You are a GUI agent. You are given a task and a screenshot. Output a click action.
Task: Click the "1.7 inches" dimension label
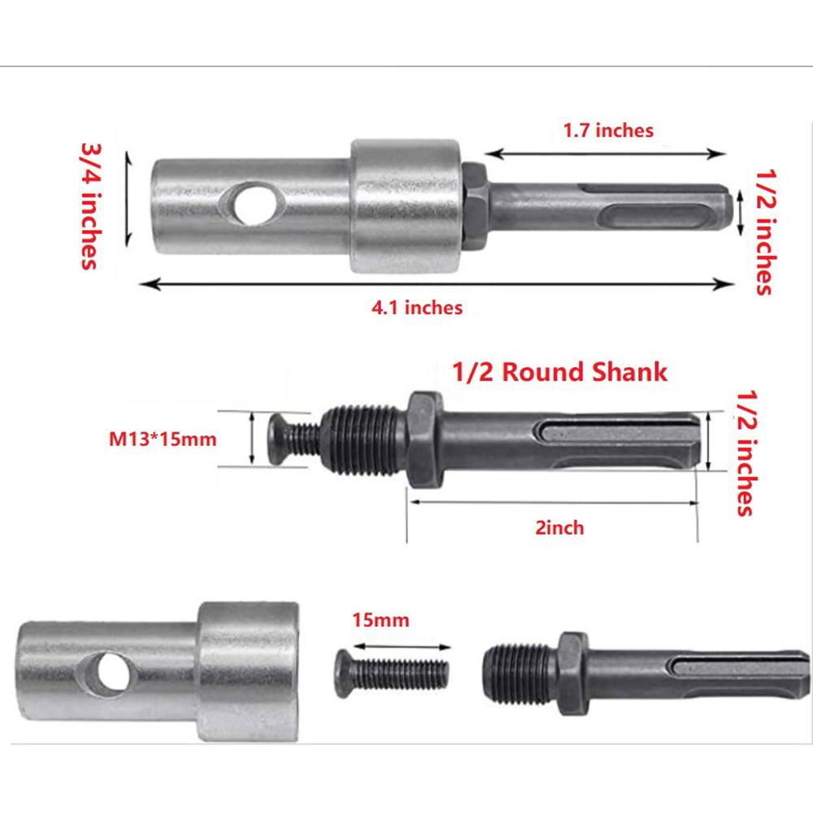(x=608, y=130)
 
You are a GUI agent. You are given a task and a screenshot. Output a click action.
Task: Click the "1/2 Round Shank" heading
(x=558, y=372)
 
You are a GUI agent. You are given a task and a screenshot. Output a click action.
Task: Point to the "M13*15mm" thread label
(x=162, y=439)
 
